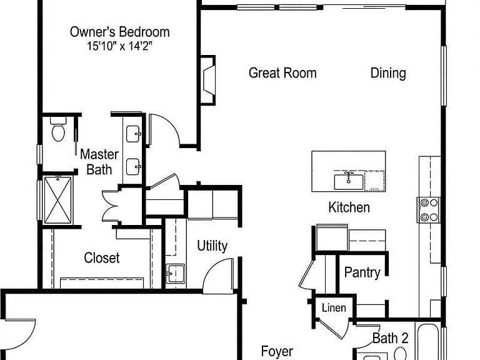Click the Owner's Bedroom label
pos(120,32)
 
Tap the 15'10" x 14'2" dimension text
pos(120,46)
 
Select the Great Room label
pos(282,73)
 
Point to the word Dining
pos(388,74)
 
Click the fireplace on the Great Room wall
pos(208,80)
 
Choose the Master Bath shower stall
pos(58,200)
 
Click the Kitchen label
pos(349,207)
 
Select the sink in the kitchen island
pos(349,181)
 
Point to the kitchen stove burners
pos(429,210)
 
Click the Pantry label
pos(362,272)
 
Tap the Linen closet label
pos(334,307)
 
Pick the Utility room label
pos(212,246)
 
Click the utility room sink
pos(176,273)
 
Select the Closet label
pos(102,257)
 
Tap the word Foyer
pos(277,352)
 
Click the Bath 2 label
pos(390,338)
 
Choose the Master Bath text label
pos(99,162)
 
